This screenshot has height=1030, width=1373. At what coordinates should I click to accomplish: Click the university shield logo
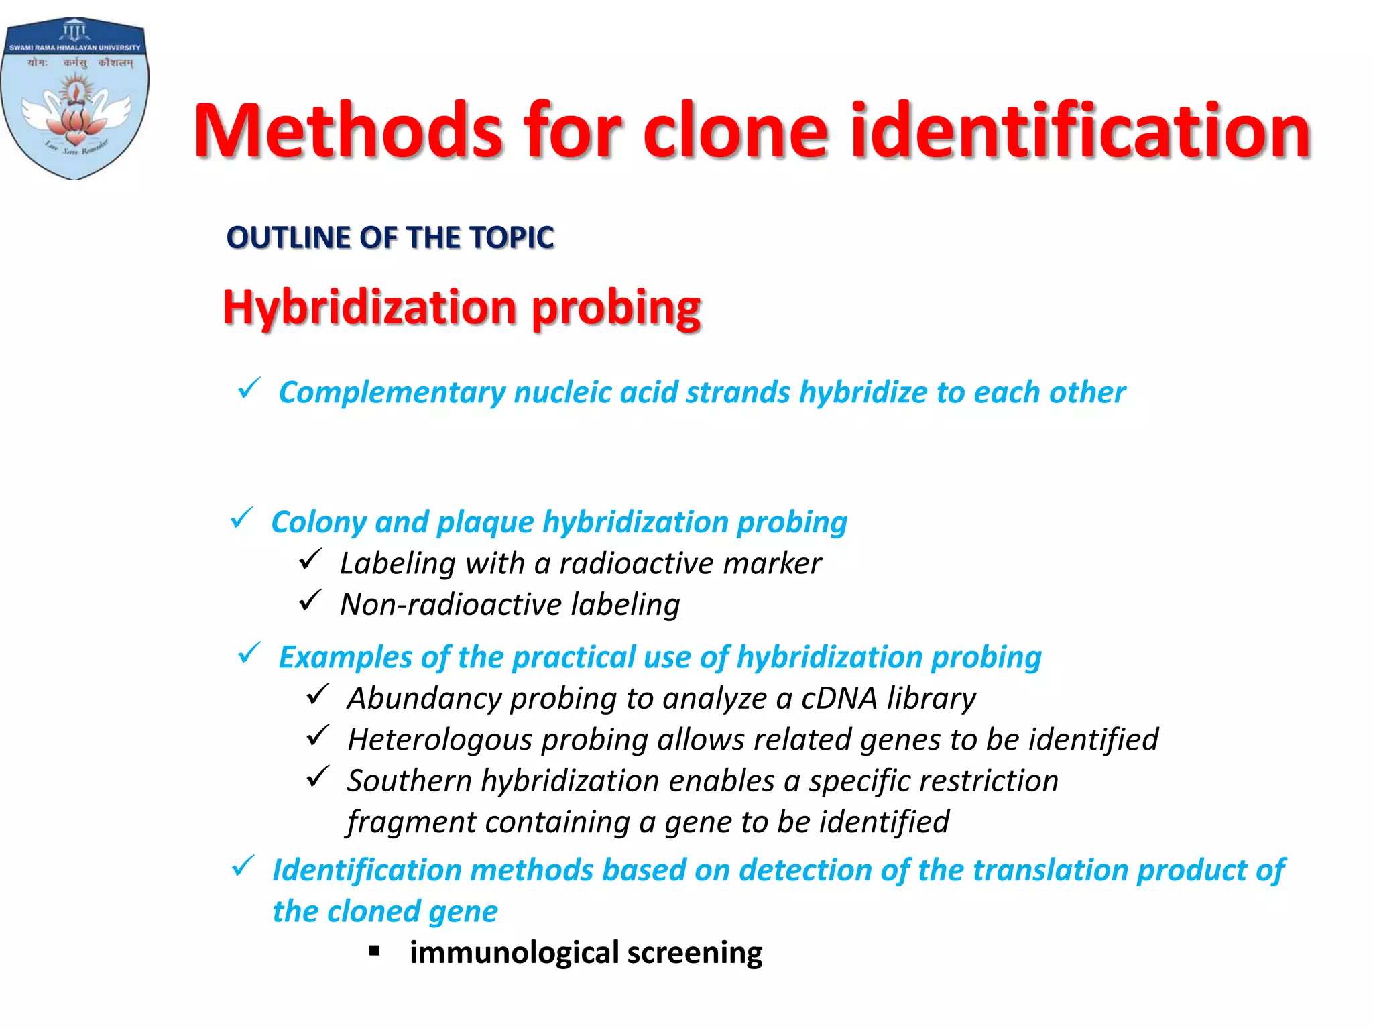pyautogui.click(x=75, y=99)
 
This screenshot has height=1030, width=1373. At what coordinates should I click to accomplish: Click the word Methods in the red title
pyautogui.click(x=348, y=130)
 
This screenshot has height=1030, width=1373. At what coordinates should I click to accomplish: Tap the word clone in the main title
pyautogui.click(x=736, y=130)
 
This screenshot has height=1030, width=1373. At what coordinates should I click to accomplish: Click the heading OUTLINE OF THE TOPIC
pyautogui.click(x=390, y=238)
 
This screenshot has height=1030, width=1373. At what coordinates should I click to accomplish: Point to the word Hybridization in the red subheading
pyautogui.click(x=369, y=307)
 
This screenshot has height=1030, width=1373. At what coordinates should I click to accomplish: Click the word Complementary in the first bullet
pyautogui.click(x=392, y=393)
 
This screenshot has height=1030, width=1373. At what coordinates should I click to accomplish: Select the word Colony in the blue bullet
pyautogui.click(x=318, y=522)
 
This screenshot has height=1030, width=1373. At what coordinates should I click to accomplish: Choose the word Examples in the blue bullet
pyautogui.click(x=345, y=657)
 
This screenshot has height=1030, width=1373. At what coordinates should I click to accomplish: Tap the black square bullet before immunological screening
pyautogui.click(x=375, y=950)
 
